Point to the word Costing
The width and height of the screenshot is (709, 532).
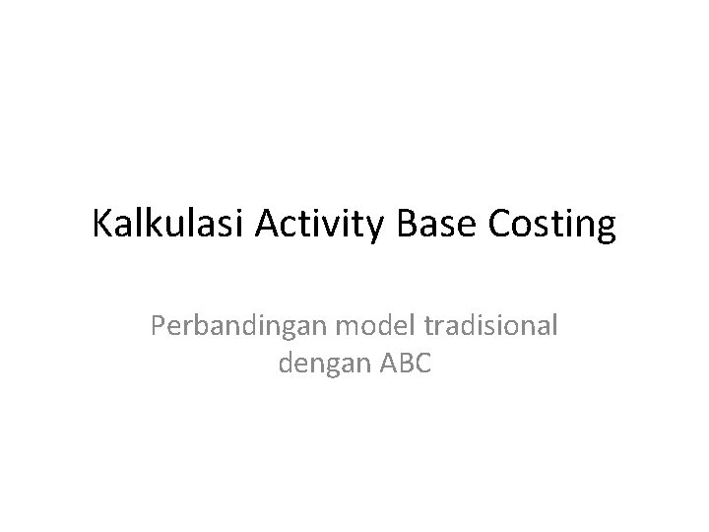point(550,226)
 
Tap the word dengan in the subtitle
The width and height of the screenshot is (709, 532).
point(322,364)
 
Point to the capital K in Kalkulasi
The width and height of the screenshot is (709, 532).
point(102,226)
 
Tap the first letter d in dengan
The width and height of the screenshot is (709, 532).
point(287,364)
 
